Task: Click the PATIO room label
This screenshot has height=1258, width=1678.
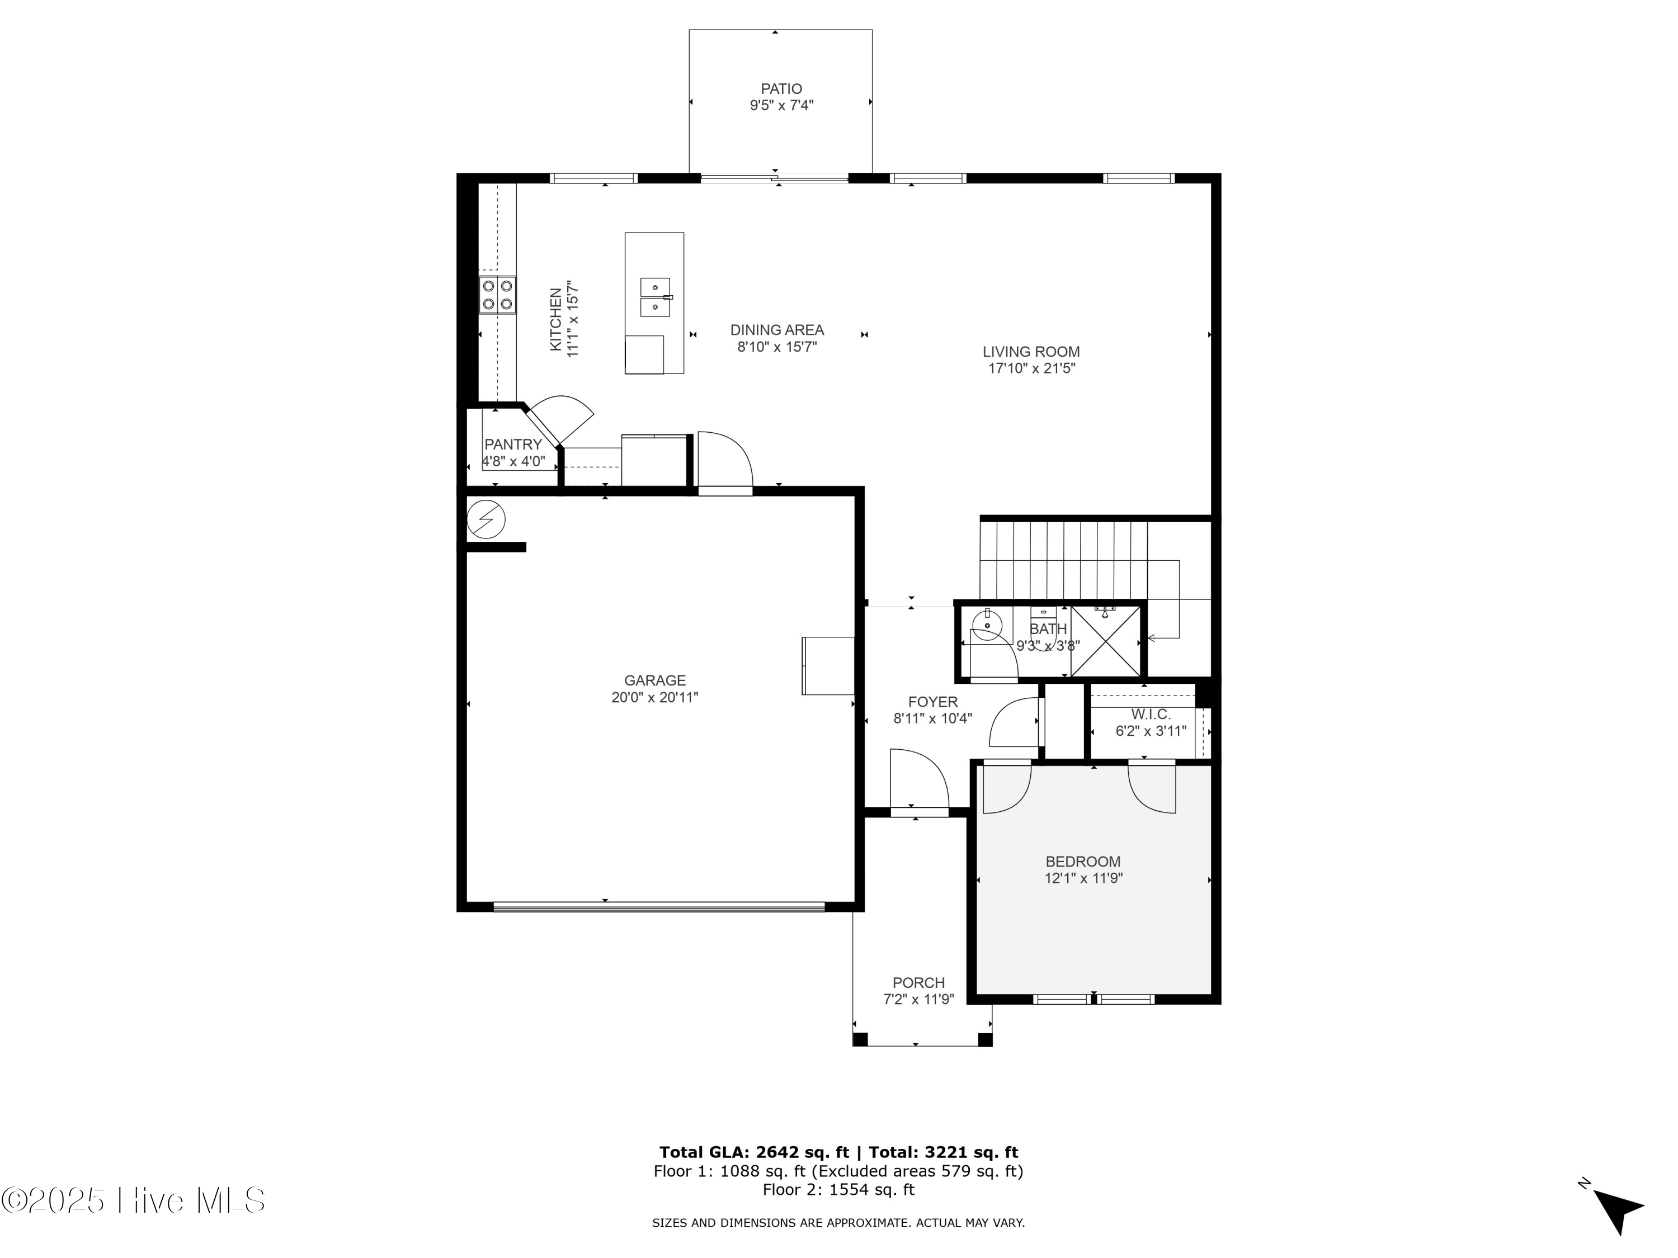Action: tap(781, 89)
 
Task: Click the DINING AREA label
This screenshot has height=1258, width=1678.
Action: tap(777, 330)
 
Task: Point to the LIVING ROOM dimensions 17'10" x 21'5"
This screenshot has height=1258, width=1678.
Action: tap(1031, 368)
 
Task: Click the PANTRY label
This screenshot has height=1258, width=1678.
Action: tap(513, 444)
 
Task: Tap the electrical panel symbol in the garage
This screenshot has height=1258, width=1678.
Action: tap(486, 520)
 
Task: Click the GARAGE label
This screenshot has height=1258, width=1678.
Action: tap(654, 680)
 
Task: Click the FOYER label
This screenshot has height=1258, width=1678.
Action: tap(932, 702)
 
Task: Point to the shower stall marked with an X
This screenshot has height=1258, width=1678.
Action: tap(1105, 641)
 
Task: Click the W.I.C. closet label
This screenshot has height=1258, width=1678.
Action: tap(1151, 715)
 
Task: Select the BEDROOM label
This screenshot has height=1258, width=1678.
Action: tap(1082, 862)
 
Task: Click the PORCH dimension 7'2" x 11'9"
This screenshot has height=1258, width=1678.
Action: tap(918, 1000)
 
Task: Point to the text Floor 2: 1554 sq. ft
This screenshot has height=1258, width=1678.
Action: tap(838, 1190)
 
